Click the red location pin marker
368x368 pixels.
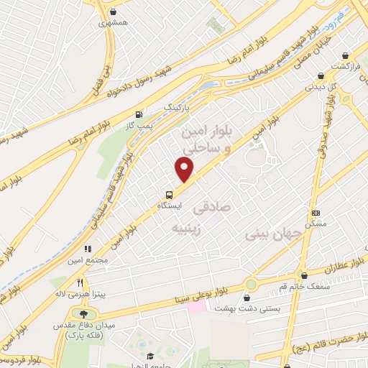tap(185, 169)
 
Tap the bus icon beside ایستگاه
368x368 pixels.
tap(169, 194)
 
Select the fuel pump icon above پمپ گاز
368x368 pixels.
tap(138, 114)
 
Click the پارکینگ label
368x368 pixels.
tap(180, 106)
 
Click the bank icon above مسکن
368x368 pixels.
tap(315, 213)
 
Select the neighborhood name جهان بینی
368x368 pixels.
tap(267, 234)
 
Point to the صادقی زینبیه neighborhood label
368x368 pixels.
tap(190, 218)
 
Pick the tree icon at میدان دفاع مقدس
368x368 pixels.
tap(86, 314)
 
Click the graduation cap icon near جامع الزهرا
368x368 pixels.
tap(149, 356)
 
